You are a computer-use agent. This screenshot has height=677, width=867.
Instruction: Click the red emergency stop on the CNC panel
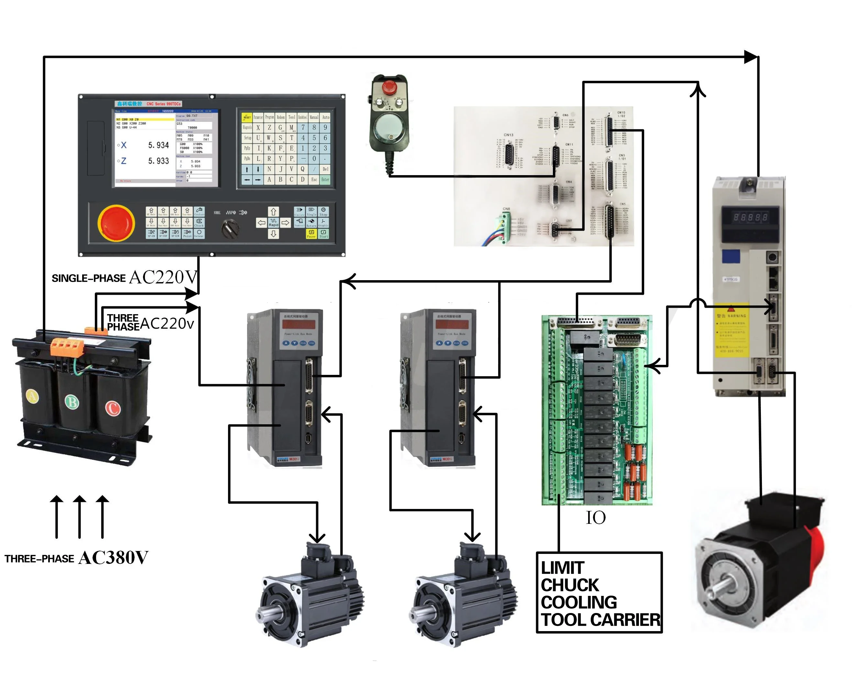coord(116,223)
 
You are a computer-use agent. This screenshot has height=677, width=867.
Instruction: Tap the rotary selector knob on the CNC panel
coord(230,229)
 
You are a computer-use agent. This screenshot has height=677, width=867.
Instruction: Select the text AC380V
coord(114,558)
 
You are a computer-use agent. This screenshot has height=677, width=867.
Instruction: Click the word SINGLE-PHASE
coord(89,279)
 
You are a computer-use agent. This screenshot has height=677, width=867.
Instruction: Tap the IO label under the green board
coord(596,518)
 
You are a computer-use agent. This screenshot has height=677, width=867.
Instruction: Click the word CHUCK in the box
coord(570,585)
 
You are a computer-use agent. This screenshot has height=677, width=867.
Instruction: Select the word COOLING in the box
coord(579,602)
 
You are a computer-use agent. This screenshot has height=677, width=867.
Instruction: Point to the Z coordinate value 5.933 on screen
coord(159,161)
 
